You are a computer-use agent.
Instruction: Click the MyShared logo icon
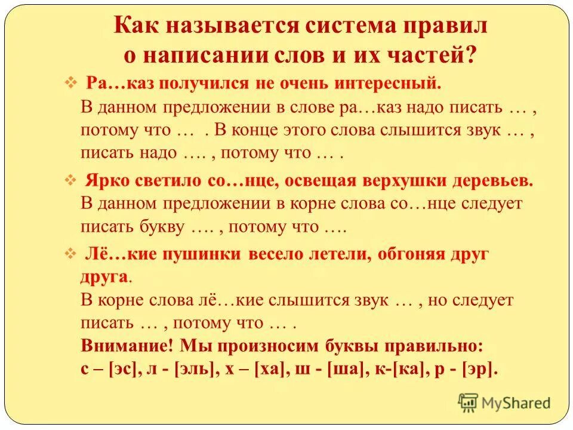coord(469,403)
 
